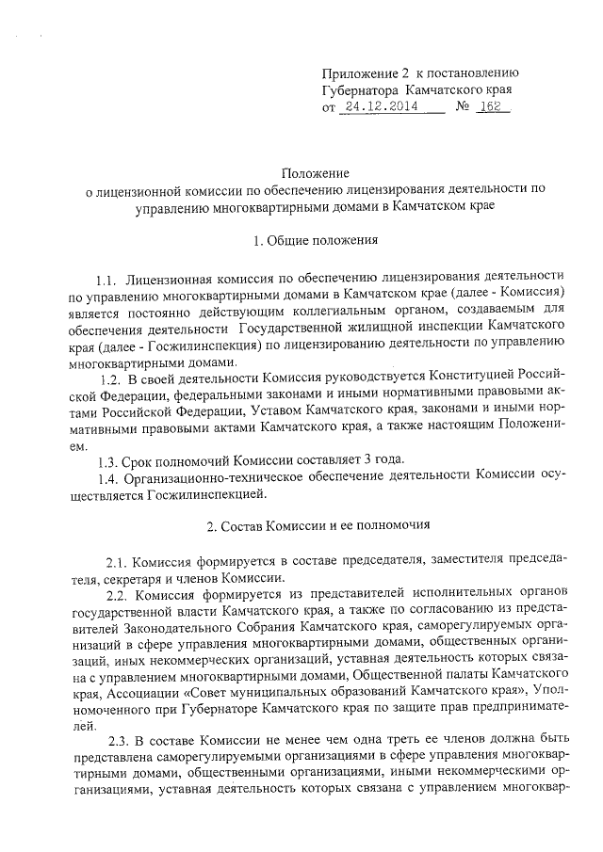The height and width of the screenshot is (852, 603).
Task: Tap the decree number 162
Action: coord(489,107)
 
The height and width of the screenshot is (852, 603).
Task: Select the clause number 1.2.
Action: coord(110,378)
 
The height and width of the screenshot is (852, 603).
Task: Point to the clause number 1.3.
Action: coord(109,460)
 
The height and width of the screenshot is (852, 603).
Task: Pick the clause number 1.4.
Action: coord(109,477)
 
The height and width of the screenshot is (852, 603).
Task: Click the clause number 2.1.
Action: coord(119,561)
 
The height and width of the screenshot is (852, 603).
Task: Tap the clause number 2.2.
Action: coord(119,595)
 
